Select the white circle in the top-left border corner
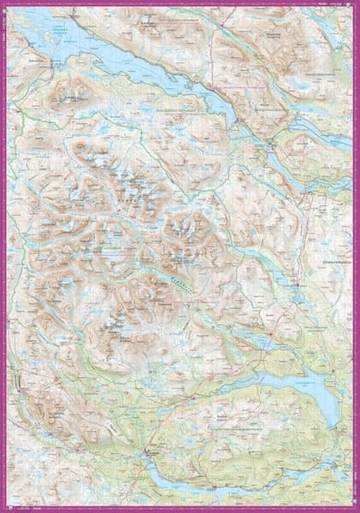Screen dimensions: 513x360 pyautogui.click(x=4, y=4)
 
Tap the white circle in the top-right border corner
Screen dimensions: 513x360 pyautogui.click(x=356, y=4)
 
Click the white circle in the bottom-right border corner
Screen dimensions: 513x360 pyautogui.click(x=356, y=509)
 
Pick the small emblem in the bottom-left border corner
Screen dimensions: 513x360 pyautogui.click(x=5, y=508)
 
